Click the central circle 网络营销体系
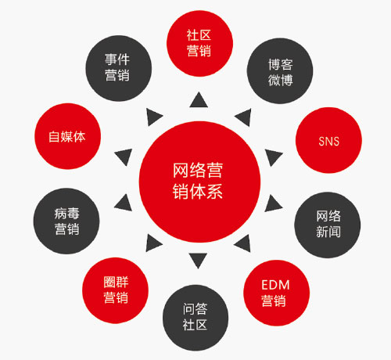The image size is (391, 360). click(x=199, y=182)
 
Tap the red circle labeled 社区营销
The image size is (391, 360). click(x=199, y=43)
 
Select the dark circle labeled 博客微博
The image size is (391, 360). click(x=280, y=71)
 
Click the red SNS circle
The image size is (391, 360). click(x=328, y=140)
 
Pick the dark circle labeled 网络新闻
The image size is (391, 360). click(x=328, y=225)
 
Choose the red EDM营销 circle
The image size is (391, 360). click(x=277, y=293)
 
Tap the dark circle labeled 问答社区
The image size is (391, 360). click(x=195, y=318)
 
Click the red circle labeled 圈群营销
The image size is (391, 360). click(x=116, y=290)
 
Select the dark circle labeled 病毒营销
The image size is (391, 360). click(x=66, y=221)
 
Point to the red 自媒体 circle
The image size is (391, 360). click(x=68, y=136)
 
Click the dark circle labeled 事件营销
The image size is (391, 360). click(x=119, y=68)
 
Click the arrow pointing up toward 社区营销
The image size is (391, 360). click(x=199, y=100)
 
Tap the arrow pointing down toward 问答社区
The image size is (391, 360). click(x=198, y=260)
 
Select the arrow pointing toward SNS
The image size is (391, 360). click(x=273, y=157)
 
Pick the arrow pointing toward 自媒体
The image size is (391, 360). click(x=124, y=157)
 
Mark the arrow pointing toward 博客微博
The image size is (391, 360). click(x=244, y=117)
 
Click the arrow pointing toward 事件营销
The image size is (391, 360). click(x=153, y=117)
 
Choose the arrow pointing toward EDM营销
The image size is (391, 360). click(x=243, y=243)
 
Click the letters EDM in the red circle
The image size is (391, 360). click(x=275, y=285)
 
